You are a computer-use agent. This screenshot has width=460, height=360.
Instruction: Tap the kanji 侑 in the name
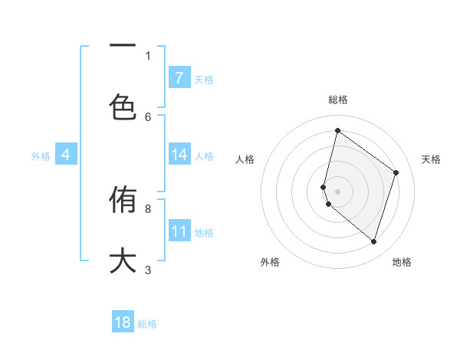(x=123, y=201)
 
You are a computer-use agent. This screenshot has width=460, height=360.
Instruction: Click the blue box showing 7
(x=179, y=78)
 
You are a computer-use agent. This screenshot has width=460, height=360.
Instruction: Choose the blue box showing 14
(x=179, y=155)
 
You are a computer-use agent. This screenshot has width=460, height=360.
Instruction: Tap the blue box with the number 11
(x=179, y=231)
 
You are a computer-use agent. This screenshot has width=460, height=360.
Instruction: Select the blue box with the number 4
(x=66, y=155)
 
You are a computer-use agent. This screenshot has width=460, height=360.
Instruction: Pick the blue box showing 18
(x=123, y=322)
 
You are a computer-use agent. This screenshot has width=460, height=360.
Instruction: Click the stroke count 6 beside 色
(x=148, y=116)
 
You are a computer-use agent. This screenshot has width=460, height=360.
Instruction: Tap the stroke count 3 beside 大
(x=148, y=270)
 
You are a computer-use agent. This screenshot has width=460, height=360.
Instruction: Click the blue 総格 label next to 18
(x=147, y=324)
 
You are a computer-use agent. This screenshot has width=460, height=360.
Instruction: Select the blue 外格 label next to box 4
(x=41, y=156)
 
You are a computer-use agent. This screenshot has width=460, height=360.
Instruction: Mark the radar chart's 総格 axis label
(x=337, y=100)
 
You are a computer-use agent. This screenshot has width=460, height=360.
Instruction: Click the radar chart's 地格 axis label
(x=402, y=262)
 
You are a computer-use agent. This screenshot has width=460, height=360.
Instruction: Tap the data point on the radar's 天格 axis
(x=396, y=172)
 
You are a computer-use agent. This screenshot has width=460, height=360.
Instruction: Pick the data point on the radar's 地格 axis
(x=373, y=242)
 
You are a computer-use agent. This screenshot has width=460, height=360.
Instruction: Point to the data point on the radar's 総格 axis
(x=337, y=131)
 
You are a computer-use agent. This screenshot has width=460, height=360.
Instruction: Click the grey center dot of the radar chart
(x=337, y=191)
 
